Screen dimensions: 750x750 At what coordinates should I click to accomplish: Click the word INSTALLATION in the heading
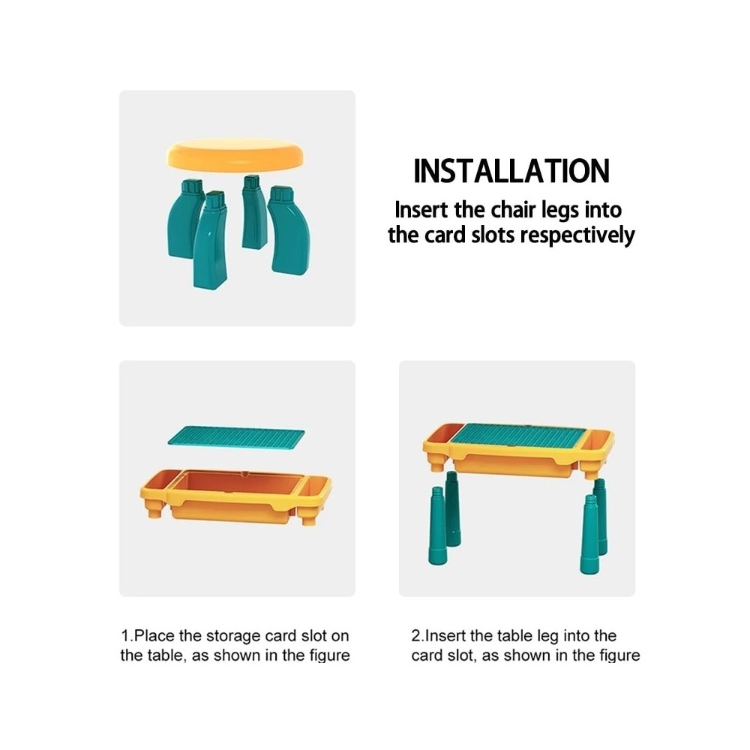(x=511, y=171)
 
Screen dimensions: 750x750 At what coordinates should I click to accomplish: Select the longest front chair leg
(x=210, y=239)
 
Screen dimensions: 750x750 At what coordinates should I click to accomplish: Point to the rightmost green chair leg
(x=289, y=230)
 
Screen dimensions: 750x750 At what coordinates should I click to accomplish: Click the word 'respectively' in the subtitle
(x=577, y=235)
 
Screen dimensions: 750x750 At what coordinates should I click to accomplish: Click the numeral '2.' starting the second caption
(x=418, y=636)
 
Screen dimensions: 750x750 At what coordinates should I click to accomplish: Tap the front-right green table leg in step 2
(x=589, y=534)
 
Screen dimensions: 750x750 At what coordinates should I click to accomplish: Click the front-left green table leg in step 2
(x=436, y=525)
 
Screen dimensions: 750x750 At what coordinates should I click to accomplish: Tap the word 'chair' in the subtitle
(x=514, y=210)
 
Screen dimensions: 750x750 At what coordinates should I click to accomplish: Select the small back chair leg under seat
(x=253, y=212)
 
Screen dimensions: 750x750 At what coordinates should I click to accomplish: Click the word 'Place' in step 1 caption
(x=154, y=636)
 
